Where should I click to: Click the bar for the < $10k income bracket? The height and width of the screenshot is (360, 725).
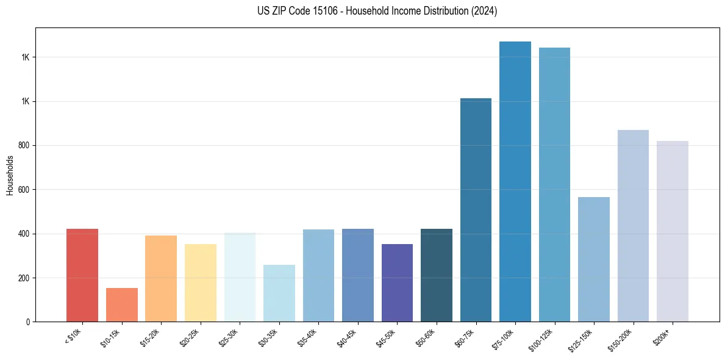[82, 275]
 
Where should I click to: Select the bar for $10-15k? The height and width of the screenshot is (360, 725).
[121, 304]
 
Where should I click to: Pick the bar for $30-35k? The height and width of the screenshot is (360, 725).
[279, 293]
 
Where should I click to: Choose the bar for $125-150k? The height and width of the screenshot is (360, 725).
[594, 259]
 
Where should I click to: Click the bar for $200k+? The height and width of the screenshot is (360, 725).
[673, 231]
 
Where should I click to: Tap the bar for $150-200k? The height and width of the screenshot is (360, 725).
[633, 226]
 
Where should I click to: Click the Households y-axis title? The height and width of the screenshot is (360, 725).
[10, 175]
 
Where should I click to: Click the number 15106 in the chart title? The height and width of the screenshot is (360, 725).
[308, 11]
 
